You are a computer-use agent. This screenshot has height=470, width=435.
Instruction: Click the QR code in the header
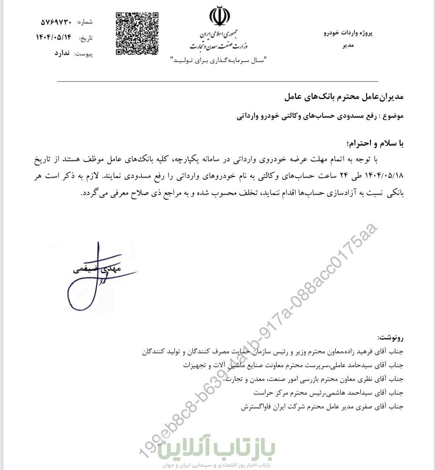[x=137, y=34]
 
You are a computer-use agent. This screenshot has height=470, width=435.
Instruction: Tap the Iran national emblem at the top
[x=219, y=16]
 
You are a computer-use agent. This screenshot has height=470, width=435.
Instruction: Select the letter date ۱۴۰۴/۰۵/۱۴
[x=54, y=37]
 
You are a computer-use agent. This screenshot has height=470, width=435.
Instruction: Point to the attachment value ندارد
[x=62, y=53]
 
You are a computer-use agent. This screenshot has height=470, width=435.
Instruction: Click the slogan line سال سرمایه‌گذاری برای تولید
[x=219, y=60]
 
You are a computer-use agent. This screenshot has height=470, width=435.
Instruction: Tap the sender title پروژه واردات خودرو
[x=348, y=33]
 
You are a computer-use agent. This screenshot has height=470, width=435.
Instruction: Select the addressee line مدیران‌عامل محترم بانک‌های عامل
[x=343, y=97]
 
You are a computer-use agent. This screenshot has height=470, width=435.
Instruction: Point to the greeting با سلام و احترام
[x=376, y=144]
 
